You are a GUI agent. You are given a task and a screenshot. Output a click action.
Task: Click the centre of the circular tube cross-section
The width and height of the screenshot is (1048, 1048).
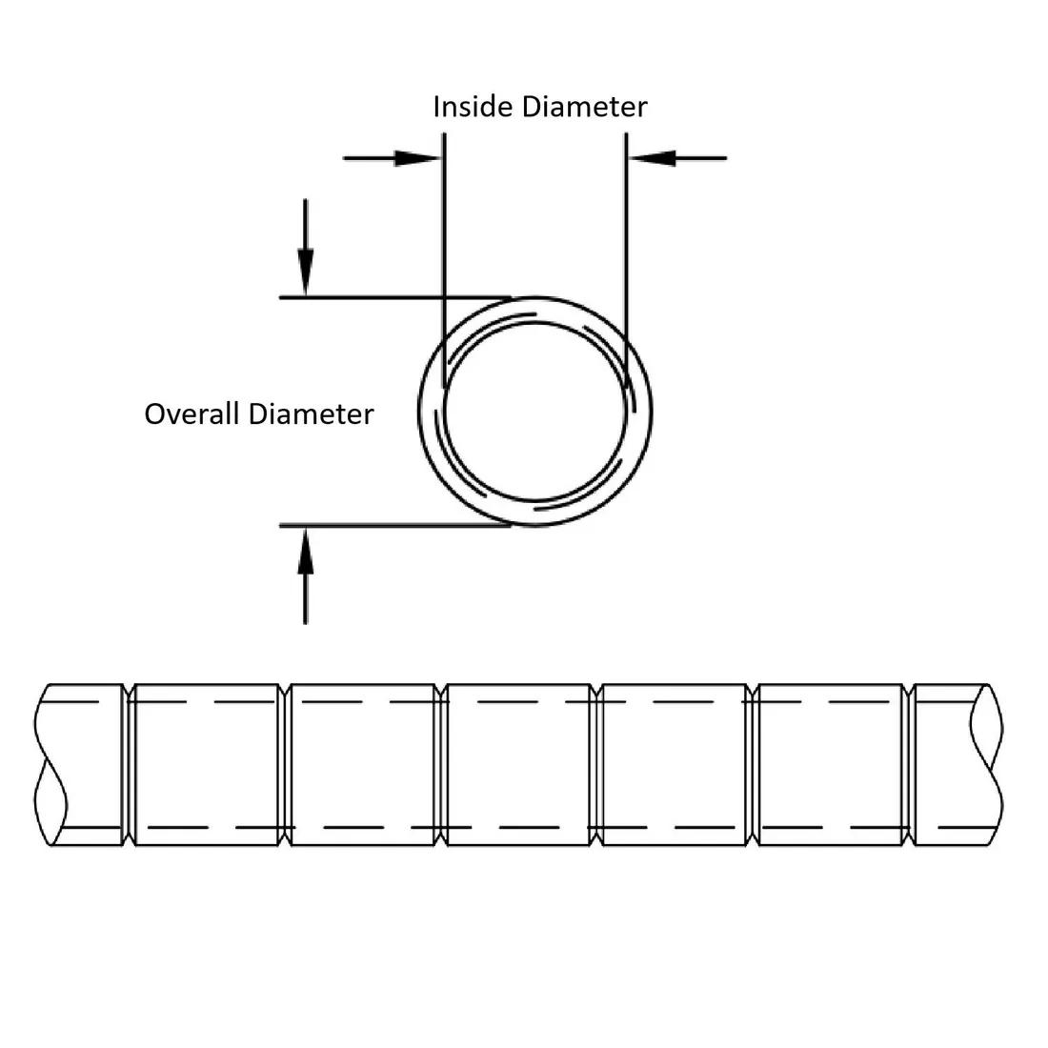(535, 412)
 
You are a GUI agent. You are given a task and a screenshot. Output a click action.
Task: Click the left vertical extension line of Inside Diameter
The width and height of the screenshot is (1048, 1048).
(443, 238)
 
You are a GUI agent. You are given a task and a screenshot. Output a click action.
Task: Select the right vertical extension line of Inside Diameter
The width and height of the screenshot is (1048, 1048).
(626, 238)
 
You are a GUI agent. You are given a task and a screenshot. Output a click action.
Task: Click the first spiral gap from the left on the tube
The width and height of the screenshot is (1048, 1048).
(129, 765)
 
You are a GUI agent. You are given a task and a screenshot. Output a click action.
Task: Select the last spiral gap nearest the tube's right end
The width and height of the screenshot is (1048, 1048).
(909, 765)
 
